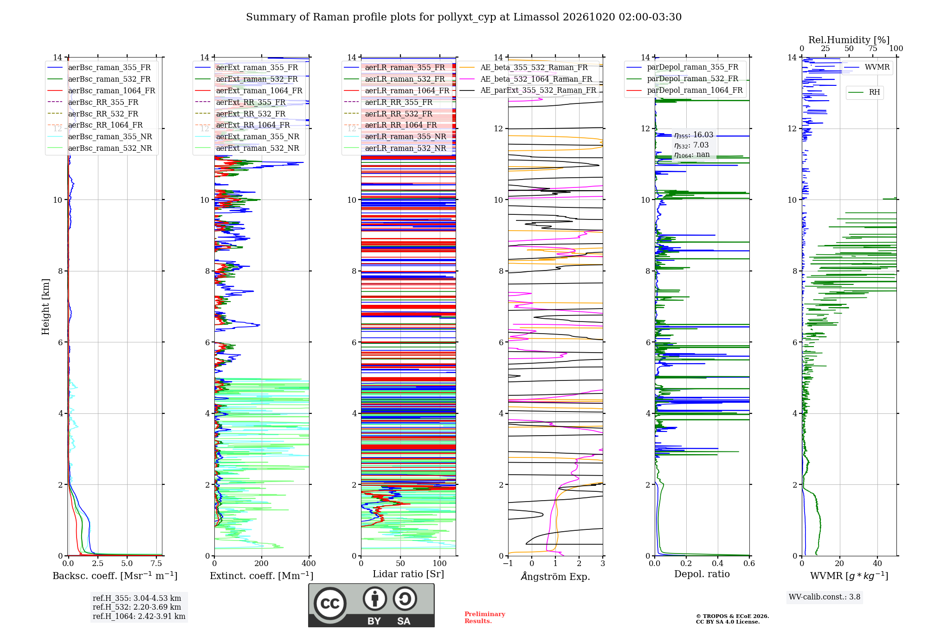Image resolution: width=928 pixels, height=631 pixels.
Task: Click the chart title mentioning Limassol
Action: click(464, 17)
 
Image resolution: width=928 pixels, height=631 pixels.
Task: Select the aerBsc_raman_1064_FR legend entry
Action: click(101, 90)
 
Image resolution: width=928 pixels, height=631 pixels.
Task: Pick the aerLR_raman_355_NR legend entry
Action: click(395, 136)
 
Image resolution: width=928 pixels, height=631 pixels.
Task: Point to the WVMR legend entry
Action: click(867, 67)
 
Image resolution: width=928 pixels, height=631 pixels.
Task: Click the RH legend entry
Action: click(864, 92)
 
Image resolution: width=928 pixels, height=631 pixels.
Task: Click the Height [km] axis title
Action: click(45, 307)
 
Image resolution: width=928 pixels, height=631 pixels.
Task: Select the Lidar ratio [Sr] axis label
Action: click(408, 574)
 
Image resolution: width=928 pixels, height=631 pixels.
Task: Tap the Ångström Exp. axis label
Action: click(555, 576)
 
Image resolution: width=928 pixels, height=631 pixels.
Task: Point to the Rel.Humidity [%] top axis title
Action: click(849, 40)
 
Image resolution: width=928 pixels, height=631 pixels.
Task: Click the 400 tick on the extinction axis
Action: click(309, 563)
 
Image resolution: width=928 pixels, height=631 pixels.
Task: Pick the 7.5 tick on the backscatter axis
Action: click(156, 563)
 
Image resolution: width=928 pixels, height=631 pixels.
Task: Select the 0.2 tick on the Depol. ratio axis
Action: click(686, 563)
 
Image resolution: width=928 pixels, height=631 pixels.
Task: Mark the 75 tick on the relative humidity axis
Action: click(873, 48)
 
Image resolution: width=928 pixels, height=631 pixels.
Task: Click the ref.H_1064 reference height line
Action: click(139, 616)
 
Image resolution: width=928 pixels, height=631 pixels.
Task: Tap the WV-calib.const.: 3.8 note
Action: click(825, 597)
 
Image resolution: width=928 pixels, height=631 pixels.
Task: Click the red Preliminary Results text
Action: click(485, 618)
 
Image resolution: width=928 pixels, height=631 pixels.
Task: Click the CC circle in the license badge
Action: click(330, 604)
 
